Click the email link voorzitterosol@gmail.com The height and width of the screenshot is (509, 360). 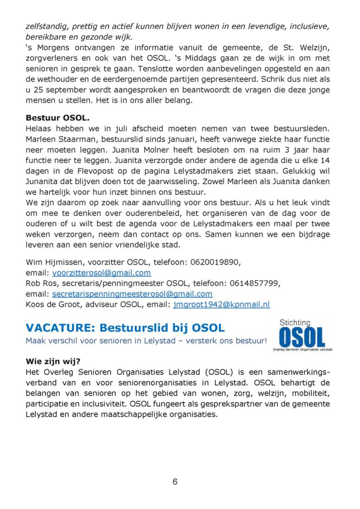coord(101,273)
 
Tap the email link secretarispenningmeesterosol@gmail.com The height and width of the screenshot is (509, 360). coord(132,294)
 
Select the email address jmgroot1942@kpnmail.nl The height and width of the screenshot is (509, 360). coord(221,304)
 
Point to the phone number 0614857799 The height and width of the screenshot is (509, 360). coord(255,283)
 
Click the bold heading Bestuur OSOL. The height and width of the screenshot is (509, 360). coord(58,118)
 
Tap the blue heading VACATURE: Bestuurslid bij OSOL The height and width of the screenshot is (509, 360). coord(125,328)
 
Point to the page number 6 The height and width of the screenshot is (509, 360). coord(175,481)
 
